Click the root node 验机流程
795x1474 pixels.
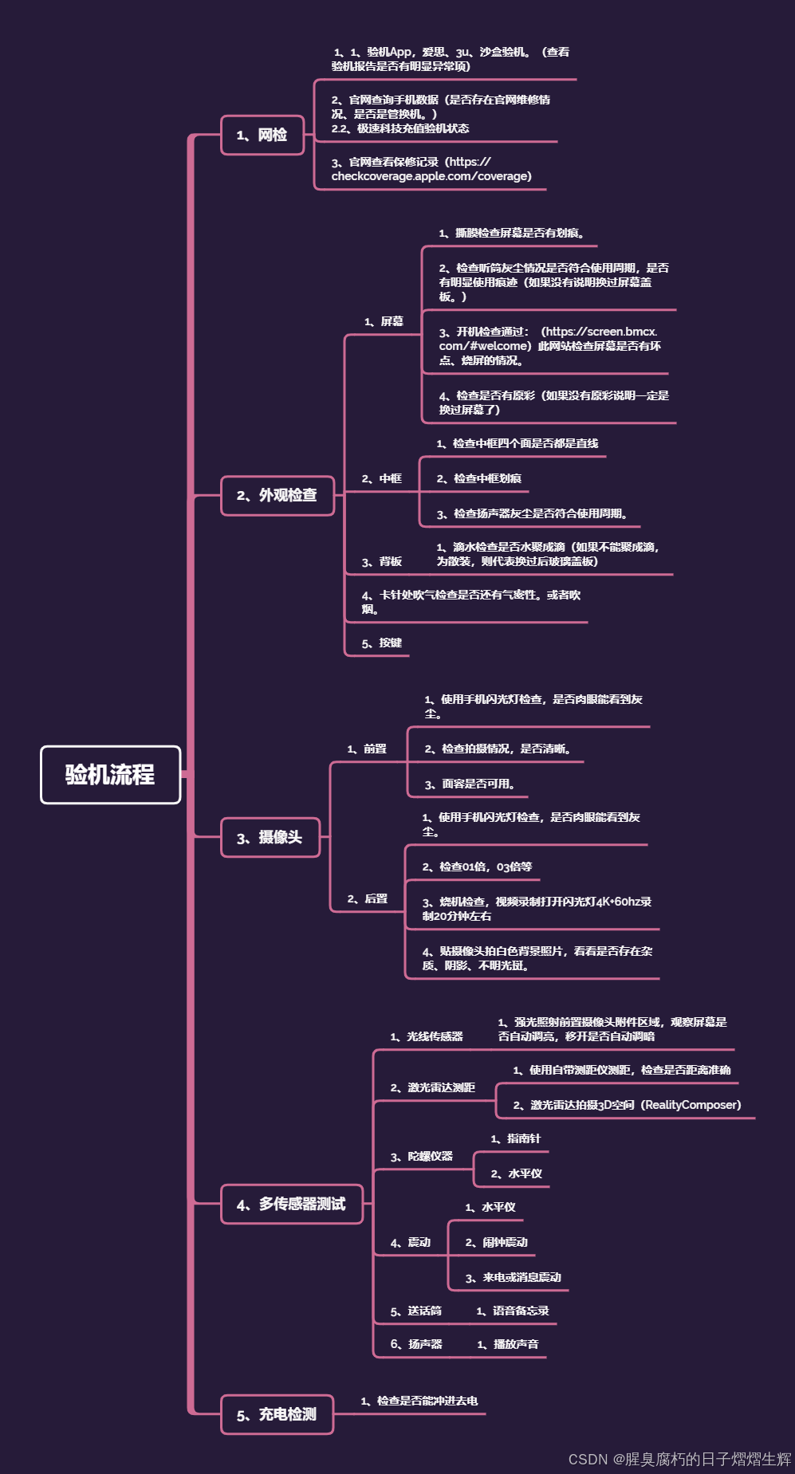click(110, 775)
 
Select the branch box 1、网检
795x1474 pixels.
click(262, 135)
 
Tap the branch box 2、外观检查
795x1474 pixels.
click(277, 495)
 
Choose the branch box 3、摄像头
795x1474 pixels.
click(270, 837)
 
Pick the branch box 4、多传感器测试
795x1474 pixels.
click(291, 1204)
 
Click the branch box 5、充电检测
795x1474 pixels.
click(277, 1414)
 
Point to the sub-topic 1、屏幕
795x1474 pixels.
click(384, 321)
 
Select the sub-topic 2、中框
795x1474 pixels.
click(382, 478)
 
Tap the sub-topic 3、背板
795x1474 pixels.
click(382, 561)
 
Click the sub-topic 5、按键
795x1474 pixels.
click(382, 643)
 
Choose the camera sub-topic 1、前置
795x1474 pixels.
click(367, 749)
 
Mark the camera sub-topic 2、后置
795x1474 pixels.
click(368, 898)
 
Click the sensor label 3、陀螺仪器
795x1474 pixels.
click(422, 1156)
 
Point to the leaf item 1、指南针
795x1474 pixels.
click(516, 1138)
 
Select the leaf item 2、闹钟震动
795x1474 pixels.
click(497, 1242)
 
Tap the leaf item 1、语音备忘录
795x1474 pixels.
click(513, 1311)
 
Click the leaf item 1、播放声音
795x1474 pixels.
click(508, 1344)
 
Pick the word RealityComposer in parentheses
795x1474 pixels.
click(691, 1105)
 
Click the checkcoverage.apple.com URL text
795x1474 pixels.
click(431, 176)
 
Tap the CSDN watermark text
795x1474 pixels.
click(679, 1459)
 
